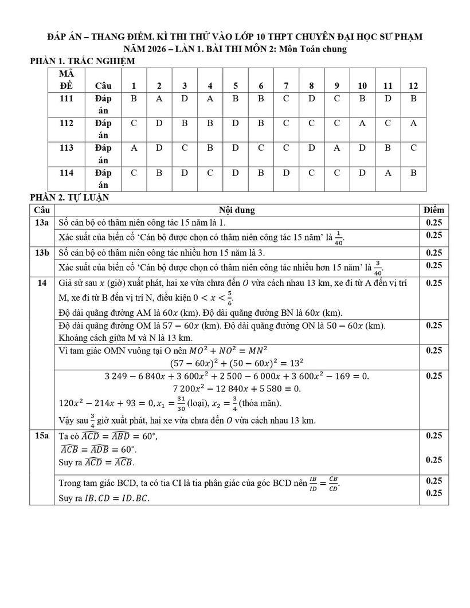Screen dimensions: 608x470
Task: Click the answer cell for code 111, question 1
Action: pos(134,99)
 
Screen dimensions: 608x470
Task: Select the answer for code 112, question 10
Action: pos(362,123)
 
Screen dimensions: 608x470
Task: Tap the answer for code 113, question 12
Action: pos(413,148)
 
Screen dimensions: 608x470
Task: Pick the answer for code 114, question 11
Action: pos(388,172)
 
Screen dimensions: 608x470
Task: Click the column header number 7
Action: pos(286,86)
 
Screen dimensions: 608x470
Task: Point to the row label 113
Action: pos(66,148)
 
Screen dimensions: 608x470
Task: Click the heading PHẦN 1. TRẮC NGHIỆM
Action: pos(82,61)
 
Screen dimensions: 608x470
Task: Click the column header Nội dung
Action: pos(237,210)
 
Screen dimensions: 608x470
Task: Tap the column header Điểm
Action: pos(433,210)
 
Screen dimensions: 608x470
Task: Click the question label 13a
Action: pos(42,222)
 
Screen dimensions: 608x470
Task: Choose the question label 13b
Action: pos(42,252)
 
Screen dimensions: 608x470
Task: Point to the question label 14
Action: pos(42,283)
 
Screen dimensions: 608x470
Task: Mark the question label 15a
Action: pos(42,436)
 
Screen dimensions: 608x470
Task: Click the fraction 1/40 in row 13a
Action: pos(338,237)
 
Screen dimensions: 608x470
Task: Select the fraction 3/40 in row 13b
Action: pos(378,266)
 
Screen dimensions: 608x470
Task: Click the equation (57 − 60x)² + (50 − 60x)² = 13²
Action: pos(237,363)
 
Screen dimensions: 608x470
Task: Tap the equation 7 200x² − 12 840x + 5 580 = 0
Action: pos(237,389)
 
